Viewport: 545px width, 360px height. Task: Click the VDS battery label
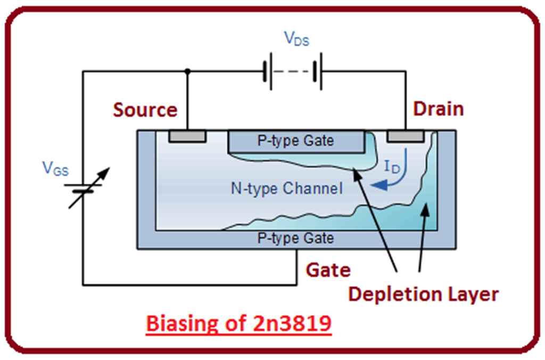[x=296, y=39]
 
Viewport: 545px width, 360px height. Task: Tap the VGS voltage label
[x=55, y=169]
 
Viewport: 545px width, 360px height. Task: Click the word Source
[x=145, y=110]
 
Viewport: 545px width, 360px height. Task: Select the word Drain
[x=439, y=109]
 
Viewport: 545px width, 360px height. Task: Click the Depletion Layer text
[x=423, y=293]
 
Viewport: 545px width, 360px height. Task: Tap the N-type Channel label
[x=287, y=188]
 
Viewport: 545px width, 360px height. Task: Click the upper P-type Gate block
[x=297, y=141]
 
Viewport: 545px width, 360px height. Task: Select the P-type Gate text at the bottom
[x=295, y=238]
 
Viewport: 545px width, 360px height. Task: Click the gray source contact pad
[x=187, y=136]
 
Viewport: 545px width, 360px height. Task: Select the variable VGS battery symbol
[x=85, y=187]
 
